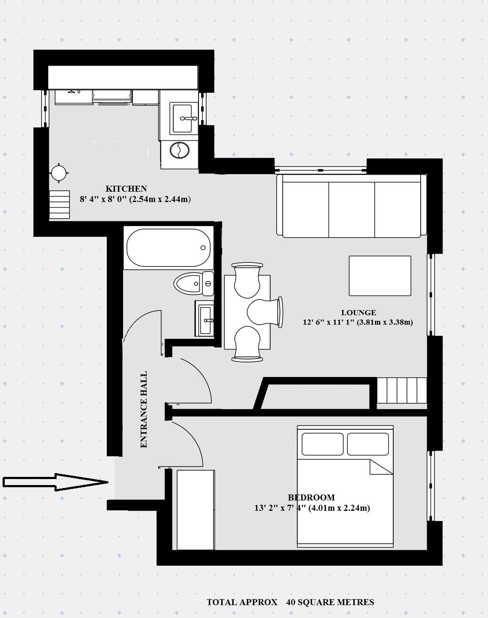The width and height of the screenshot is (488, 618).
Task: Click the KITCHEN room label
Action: (x=126, y=189)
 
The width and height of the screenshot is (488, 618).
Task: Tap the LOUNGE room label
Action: (x=358, y=313)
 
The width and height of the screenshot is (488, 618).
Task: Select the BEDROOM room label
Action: (x=311, y=497)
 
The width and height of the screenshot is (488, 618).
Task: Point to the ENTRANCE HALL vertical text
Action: (x=144, y=410)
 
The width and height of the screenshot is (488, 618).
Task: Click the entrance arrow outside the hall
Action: (x=56, y=482)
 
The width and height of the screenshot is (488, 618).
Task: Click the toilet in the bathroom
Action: (x=189, y=283)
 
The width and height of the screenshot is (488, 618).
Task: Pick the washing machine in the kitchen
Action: (x=179, y=151)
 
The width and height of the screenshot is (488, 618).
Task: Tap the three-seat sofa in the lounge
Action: (x=351, y=205)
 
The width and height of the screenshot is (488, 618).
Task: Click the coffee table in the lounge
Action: (x=380, y=276)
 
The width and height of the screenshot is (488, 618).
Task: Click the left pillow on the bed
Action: (x=322, y=444)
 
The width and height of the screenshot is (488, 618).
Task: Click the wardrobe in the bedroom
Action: (x=196, y=510)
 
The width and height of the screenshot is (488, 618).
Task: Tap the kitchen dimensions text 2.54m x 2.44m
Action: (x=160, y=199)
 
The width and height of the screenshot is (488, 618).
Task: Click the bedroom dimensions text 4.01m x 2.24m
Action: (x=339, y=508)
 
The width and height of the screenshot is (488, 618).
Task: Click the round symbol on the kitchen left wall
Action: (x=59, y=173)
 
